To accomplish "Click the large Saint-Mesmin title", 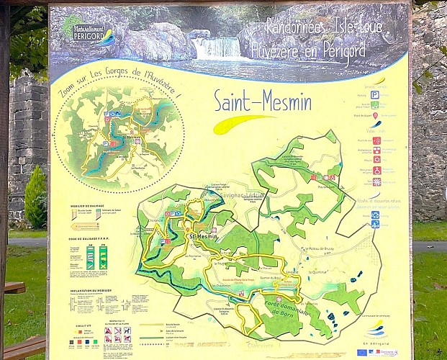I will [263, 102].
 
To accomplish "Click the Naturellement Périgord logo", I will [88, 31].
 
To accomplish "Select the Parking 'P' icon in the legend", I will [375, 94].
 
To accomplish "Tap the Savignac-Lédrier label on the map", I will [241, 195].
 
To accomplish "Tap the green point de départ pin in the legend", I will [375, 114].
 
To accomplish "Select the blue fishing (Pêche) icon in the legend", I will [375, 215].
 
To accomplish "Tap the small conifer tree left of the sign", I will [35, 197].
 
